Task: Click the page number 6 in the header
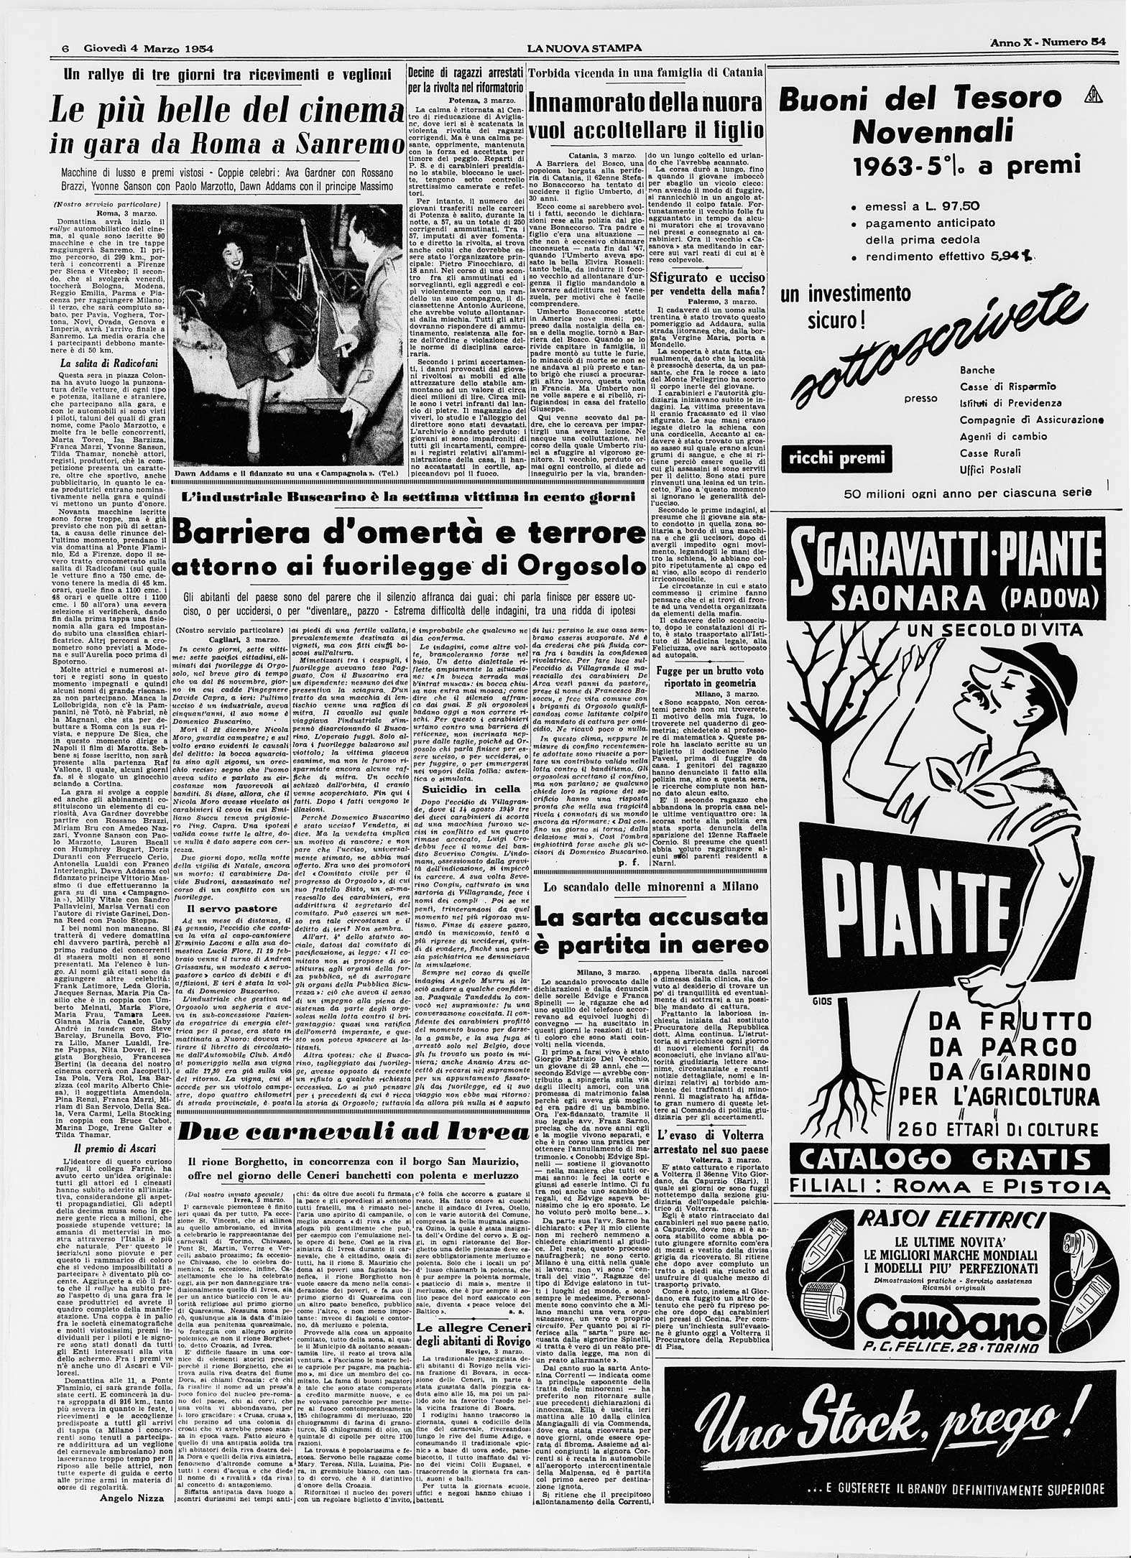click(x=64, y=48)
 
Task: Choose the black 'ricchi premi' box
click(x=836, y=458)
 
